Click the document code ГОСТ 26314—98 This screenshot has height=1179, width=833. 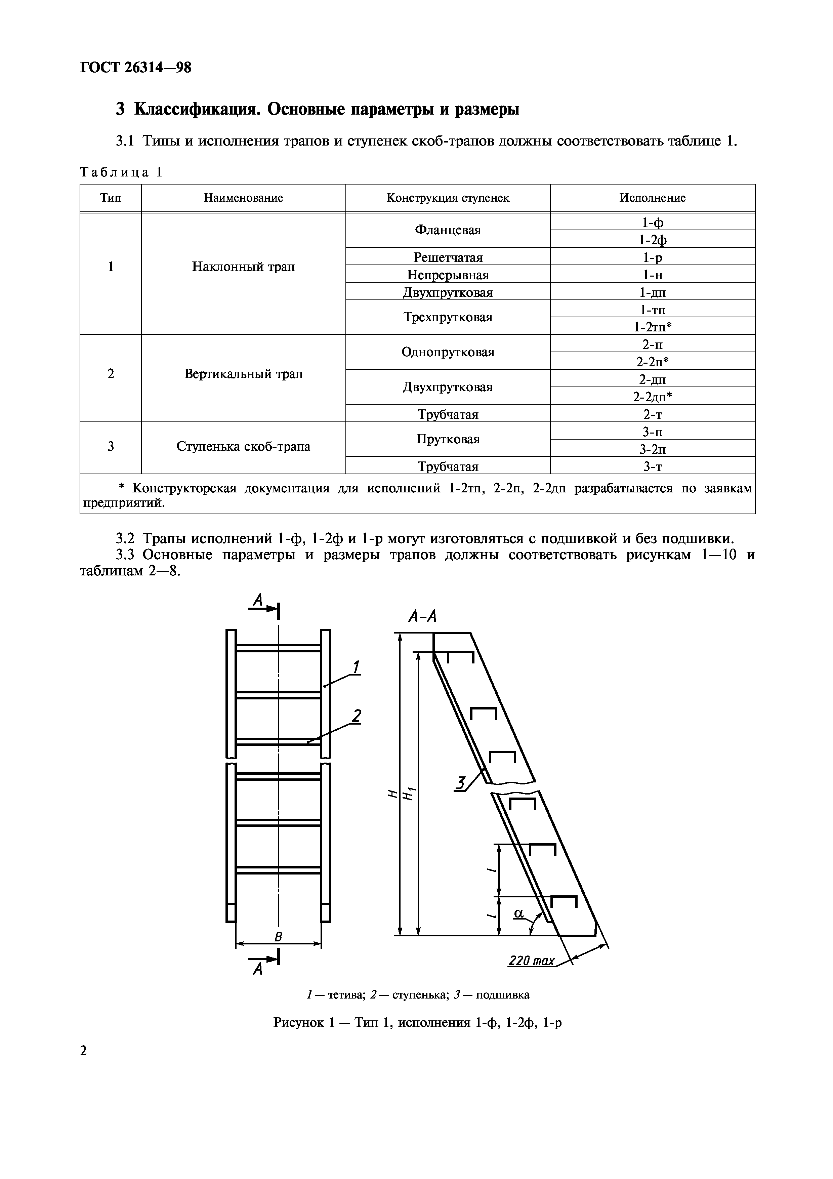(135, 67)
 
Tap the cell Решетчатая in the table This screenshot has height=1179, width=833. (448, 257)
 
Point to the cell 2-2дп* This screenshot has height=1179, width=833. (652, 397)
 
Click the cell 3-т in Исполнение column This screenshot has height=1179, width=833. (652, 466)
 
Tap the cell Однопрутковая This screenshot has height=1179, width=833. (448, 352)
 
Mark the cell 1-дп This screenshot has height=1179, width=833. (652, 292)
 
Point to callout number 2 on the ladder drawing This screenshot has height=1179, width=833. (356, 715)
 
